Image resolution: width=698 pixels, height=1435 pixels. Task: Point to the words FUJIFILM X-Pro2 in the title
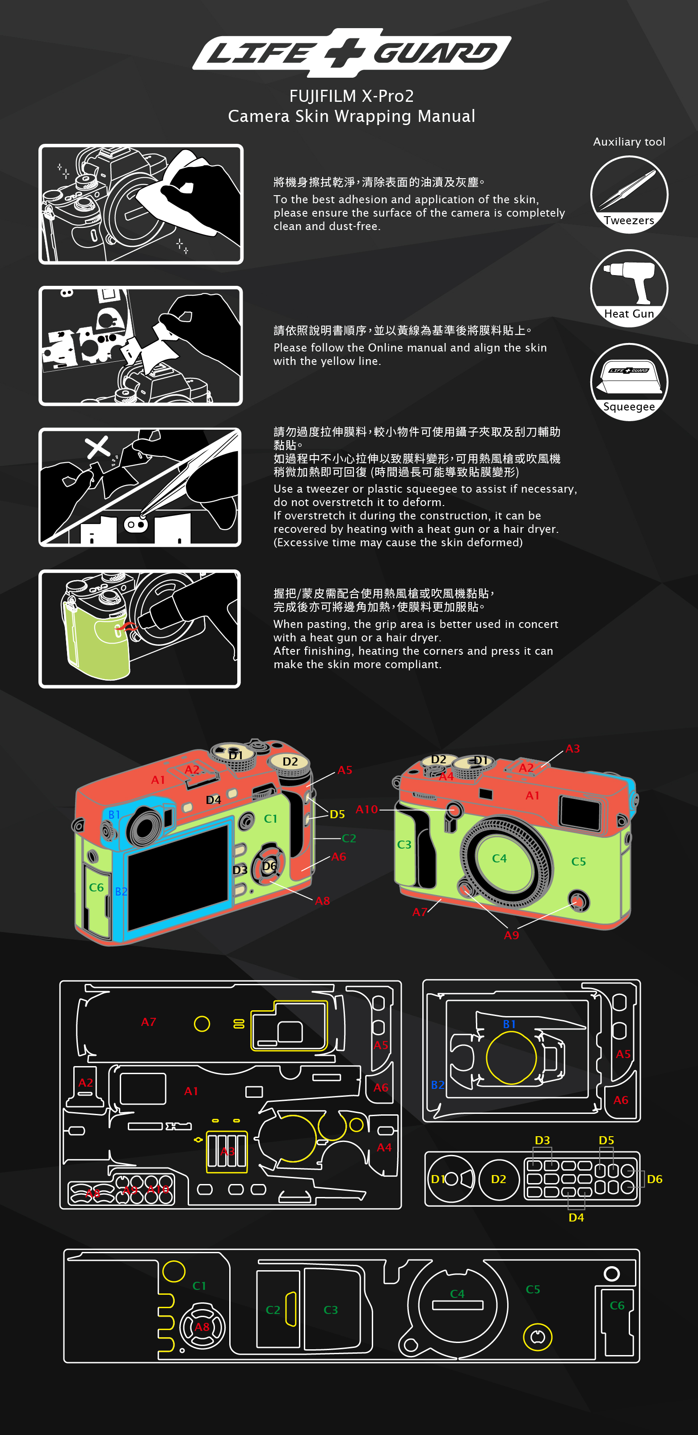[x=351, y=96]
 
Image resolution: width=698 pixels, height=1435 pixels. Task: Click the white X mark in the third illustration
[x=97, y=447]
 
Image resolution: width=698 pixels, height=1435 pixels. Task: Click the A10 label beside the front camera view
[x=367, y=809]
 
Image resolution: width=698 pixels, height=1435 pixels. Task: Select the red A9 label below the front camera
[x=511, y=935]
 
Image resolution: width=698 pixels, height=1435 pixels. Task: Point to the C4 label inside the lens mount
[x=499, y=858]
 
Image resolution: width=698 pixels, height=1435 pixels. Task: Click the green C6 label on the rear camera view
[x=97, y=887]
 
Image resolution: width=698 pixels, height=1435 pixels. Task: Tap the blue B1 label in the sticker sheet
[x=509, y=1024]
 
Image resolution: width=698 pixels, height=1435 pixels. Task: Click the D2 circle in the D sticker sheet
[x=498, y=1179]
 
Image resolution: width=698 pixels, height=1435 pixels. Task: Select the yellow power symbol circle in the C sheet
[x=538, y=1336]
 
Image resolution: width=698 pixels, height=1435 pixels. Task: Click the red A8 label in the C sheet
[x=202, y=1327]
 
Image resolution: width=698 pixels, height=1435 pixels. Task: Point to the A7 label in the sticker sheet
[x=148, y=1022]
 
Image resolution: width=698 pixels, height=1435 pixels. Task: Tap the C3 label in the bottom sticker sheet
[x=331, y=1309]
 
